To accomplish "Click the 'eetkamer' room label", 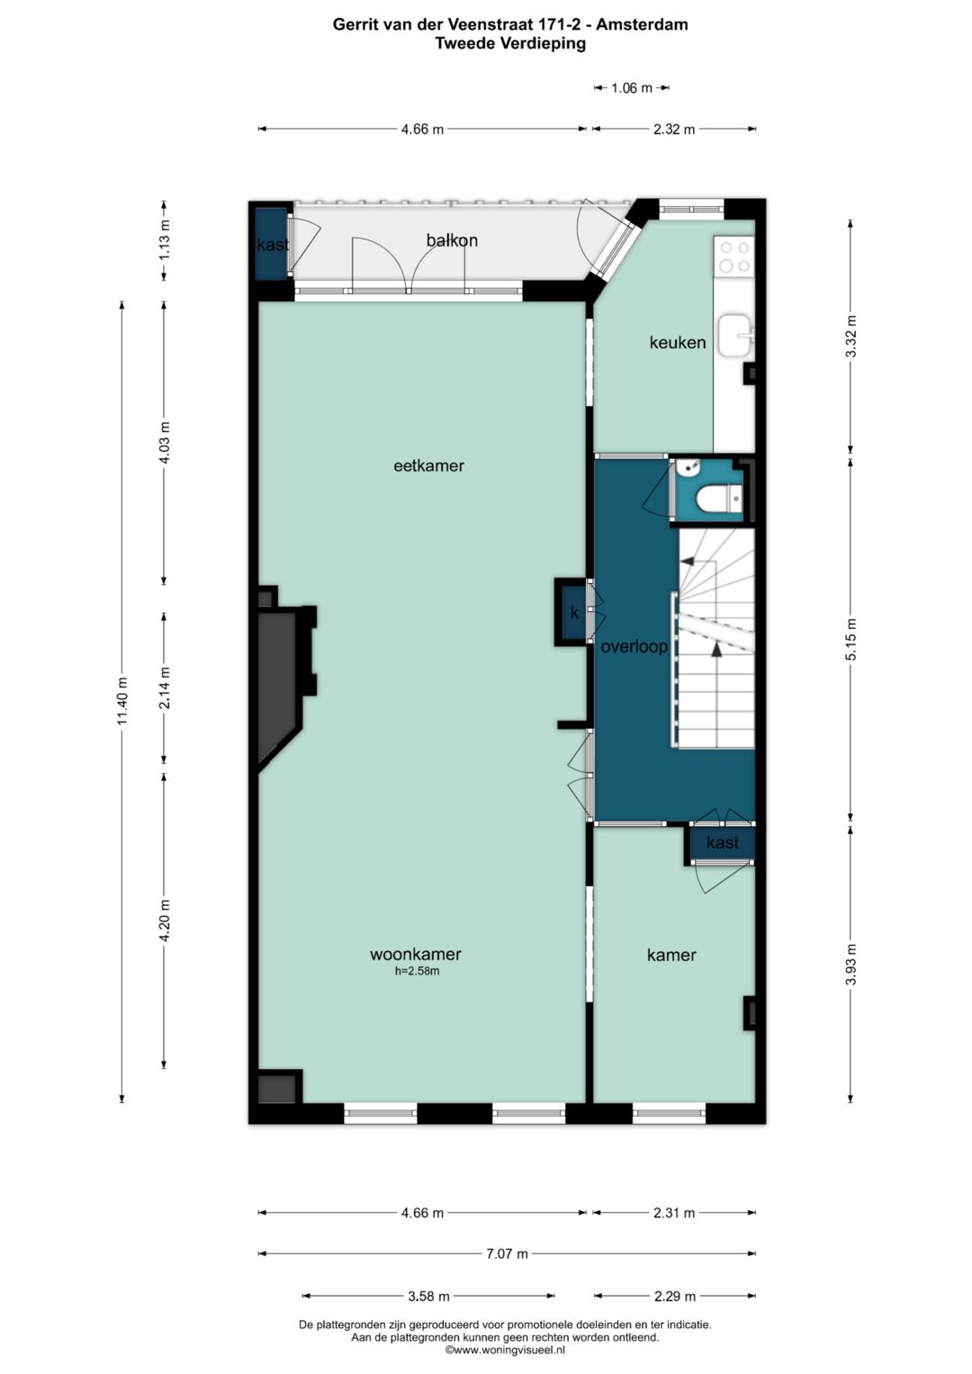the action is [x=428, y=466].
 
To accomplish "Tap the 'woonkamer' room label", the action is [x=416, y=954].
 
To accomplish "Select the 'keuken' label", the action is [x=678, y=342].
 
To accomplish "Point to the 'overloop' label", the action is [x=634, y=647].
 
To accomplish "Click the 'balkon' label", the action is [x=452, y=240].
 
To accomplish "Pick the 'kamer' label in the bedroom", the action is [x=671, y=955].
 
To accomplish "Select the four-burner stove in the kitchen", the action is [x=734, y=257].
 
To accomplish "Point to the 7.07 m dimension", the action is [x=507, y=1253].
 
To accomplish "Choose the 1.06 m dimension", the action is [x=632, y=87].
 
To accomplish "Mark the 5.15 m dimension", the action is [x=850, y=639].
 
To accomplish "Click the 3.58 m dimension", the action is [x=429, y=1296].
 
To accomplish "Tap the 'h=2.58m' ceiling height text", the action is [x=418, y=971].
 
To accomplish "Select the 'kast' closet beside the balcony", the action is [x=271, y=244].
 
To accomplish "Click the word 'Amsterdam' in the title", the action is [x=642, y=24].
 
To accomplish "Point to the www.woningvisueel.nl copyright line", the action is [x=505, y=1350].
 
